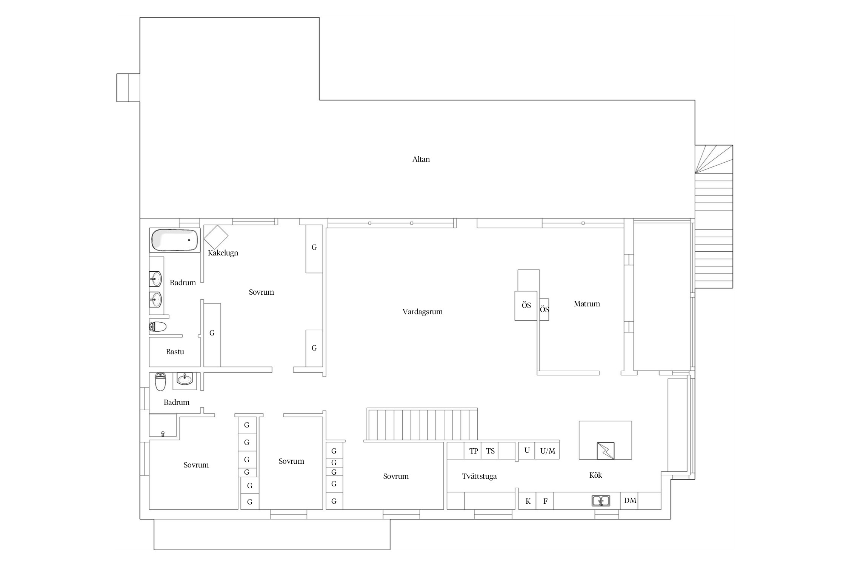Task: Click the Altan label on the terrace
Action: coord(421,159)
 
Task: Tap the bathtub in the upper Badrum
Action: coord(175,240)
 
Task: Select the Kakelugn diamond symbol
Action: coord(216,237)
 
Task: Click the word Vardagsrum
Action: coord(422,312)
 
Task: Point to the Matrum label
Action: coord(587,304)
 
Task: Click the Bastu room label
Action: coord(175,352)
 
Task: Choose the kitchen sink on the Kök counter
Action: coord(601,501)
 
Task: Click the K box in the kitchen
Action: coord(528,501)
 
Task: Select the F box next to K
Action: coord(545,501)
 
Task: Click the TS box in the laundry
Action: coord(490,451)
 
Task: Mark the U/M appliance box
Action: coord(547,451)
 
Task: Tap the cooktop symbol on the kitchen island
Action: coord(606,451)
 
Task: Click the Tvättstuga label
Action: coord(479,476)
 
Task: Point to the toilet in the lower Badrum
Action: coord(161,381)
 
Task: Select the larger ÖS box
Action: coord(526,306)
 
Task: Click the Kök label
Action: coord(595,475)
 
